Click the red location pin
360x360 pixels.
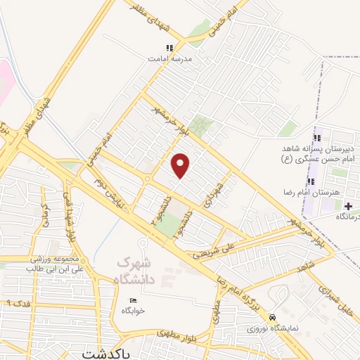pyautogui.click(x=181, y=165)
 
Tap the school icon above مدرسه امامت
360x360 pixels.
pyautogui.click(x=169, y=49)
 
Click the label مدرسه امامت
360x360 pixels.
pyautogui.click(x=168, y=60)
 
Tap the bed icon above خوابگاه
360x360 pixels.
pyautogui.click(x=132, y=300)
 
